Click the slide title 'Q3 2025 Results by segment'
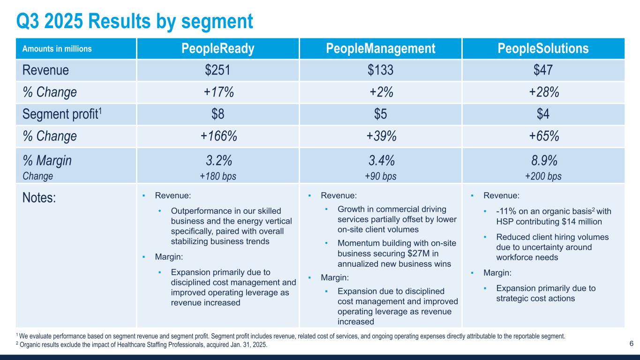coord(134,21)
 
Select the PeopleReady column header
coord(218,49)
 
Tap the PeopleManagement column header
coord(380,49)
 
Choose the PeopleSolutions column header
coord(543,49)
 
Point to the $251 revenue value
coord(218,70)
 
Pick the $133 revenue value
coord(380,70)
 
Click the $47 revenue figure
coord(543,70)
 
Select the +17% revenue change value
coord(218,92)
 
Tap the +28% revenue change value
coord(543,92)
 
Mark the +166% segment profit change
coord(218,136)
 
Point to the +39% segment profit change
coord(380,136)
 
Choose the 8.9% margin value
coord(543,161)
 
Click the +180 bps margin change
coord(218,176)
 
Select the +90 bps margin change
coord(380,176)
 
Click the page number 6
coord(631,344)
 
